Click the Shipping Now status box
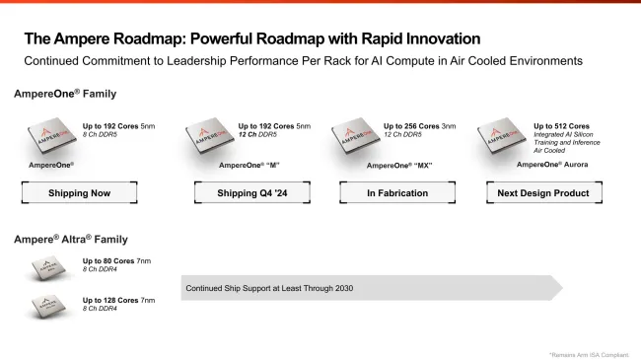pyautogui.click(x=80, y=193)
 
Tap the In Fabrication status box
pyautogui.click(x=397, y=193)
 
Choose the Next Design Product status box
pyautogui.click(x=543, y=193)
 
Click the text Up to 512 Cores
pyautogui.click(x=561, y=126)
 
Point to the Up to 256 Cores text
pyautogui.click(x=413, y=126)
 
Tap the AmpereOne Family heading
pyautogui.click(x=57, y=95)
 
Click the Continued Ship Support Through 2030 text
pyautogui.click(x=268, y=288)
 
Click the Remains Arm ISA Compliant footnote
pyautogui.click(x=589, y=353)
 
